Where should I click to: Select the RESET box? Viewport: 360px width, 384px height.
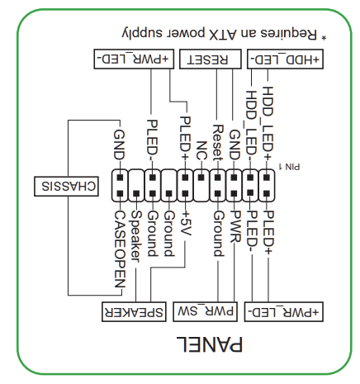coord(209,59)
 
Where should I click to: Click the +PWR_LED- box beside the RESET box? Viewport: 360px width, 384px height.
coord(133,59)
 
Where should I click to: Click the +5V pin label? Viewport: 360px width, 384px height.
coord(185,225)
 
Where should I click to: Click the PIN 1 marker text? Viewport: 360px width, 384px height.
coord(291,166)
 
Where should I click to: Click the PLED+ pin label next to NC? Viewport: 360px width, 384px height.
coord(185,137)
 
